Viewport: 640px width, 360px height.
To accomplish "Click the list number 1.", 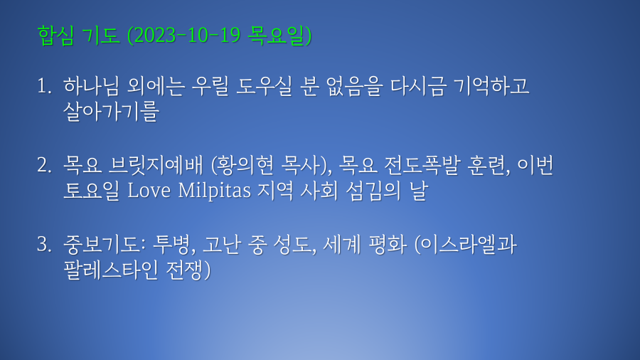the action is [x=44, y=87].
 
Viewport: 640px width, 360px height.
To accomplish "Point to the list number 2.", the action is [x=44, y=165].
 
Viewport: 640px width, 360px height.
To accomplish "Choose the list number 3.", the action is [x=44, y=245].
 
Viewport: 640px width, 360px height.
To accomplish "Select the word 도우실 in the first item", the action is [x=264, y=86].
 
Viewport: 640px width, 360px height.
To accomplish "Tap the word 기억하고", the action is [x=491, y=86].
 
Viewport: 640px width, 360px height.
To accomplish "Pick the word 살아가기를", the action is [x=112, y=112].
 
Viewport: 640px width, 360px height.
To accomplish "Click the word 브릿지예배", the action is [x=156, y=165].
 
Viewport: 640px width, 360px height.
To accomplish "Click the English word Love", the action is [x=149, y=191].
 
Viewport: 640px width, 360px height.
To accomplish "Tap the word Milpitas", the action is [x=214, y=191].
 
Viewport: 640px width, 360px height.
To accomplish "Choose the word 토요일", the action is [x=92, y=191].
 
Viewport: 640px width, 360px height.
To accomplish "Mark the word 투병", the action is [x=170, y=245].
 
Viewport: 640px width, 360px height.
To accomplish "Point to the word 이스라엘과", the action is [x=469, y=245].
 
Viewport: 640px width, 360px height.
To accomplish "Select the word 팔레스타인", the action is [x=111, y=270].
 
